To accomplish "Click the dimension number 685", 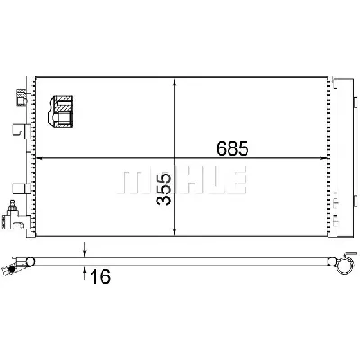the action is tap(232, 148).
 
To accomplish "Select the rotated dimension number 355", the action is tap(164, 189).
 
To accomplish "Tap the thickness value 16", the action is tap(100, 276).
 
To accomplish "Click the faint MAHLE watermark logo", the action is tap(182, 179).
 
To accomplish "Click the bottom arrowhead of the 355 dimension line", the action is tap(175, 231).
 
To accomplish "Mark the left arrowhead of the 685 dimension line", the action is tap(40, 157).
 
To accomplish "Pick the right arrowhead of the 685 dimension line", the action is tap(323, 157).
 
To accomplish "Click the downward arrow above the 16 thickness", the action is tap(85, 249).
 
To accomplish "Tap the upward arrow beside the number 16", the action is tap(85, 273).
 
